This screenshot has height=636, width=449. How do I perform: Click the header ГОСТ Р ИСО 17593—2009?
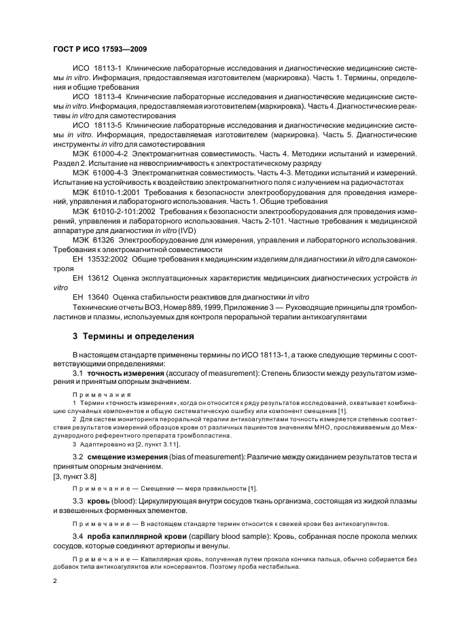tap(100, 50)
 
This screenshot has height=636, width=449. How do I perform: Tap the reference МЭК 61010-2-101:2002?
tap(113, 211)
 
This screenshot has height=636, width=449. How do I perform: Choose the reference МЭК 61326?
tap(92, 240)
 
